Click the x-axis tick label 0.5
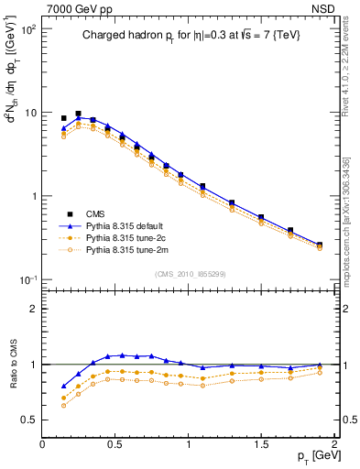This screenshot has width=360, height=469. pos(115,442)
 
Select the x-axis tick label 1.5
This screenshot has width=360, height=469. pos(262,442)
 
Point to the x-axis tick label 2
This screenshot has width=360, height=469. pos(334,442)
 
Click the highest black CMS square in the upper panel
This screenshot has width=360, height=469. pos(78,115)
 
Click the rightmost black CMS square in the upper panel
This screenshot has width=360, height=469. pos(319,245)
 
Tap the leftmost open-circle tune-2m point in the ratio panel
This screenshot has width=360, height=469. pos(63,405)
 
